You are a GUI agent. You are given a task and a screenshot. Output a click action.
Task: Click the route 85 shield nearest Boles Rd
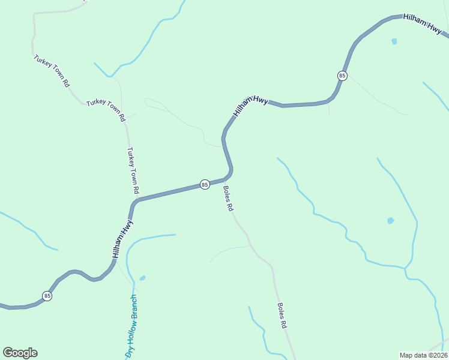[x=205, y=184]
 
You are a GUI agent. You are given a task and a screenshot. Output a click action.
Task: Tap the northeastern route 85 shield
[x=342, y=76]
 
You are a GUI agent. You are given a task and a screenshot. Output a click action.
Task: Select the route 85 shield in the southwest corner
[x=47, y=296]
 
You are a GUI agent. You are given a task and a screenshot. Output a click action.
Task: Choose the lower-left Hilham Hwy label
[x=122, y=239]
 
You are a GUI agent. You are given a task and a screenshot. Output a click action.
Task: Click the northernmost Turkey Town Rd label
[x=52, y=72]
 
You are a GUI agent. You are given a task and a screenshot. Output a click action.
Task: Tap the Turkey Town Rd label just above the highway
[x=133, y=170]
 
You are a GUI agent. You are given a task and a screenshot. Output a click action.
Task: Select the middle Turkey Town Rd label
[x=106, y=111]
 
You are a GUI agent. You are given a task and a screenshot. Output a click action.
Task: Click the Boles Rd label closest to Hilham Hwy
[x=228, y=199]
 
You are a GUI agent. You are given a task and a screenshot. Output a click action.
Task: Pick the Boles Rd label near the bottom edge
[x=282, y=315]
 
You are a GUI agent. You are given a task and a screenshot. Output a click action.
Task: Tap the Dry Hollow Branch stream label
[x=131, y=326]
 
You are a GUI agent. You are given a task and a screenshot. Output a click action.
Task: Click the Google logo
[x=20, y=352]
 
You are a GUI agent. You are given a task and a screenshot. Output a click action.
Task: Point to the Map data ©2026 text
[x=423, y=355]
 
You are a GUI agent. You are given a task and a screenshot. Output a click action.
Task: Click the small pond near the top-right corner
[x=394, y=41]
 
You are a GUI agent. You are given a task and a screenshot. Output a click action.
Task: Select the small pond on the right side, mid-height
[x=390, y=221]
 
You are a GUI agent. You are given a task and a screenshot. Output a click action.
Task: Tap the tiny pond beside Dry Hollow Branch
[x=142, y=278]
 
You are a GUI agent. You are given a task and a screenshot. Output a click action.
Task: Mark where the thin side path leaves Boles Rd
[x=249, y=245]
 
